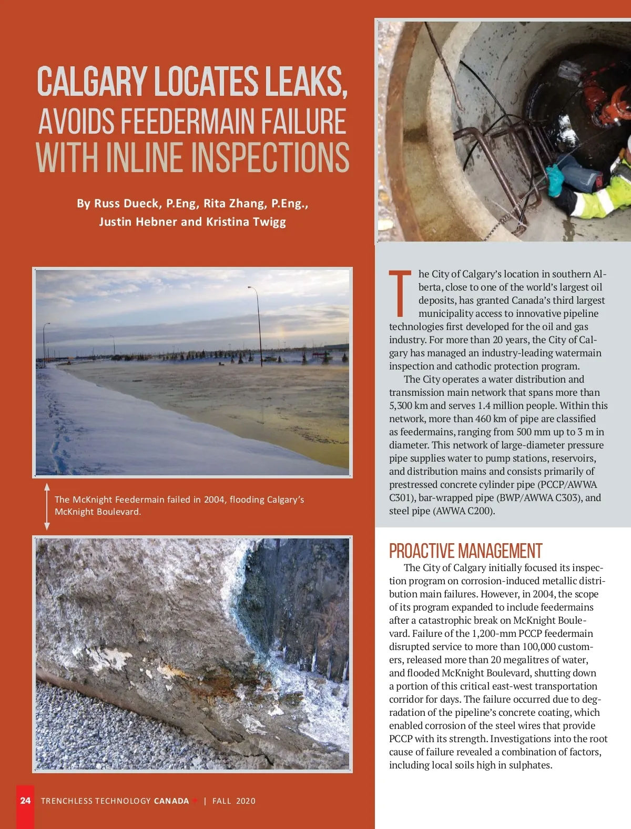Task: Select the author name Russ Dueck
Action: (x=126, y=204)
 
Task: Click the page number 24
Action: (x=25, y=801)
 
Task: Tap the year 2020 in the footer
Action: (x=246, y=801)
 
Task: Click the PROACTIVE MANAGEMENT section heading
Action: (x=465, y=551)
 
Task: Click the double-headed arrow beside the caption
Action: (x=47, y=506)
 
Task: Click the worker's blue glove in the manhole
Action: (x=554, y=178)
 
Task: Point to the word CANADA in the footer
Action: (x=171, y=801)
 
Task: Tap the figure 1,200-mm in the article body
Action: (x=494, y=634)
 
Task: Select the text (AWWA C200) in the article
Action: (x=463, y=511)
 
